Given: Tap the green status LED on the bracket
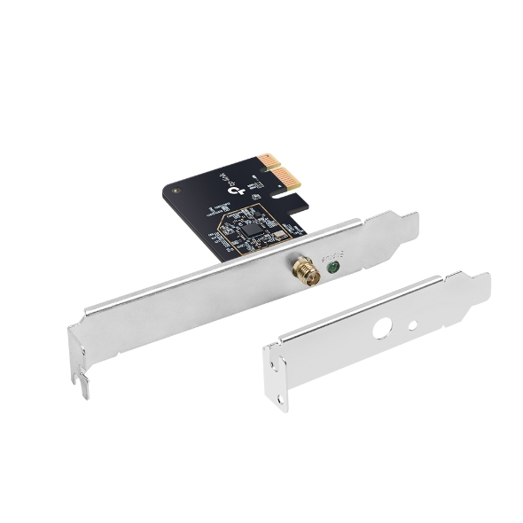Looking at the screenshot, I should (x=333, y=265).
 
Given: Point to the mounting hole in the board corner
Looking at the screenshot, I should (x=180, y=189).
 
